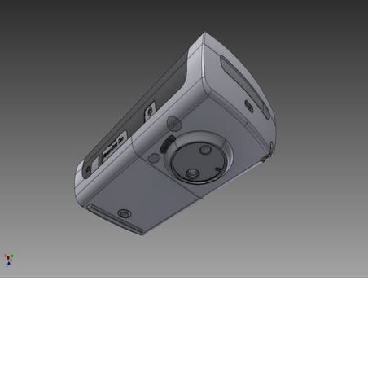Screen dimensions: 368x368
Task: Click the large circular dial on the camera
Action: (x=198, y=160)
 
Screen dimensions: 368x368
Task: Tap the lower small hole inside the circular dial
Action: (x=190, y=174)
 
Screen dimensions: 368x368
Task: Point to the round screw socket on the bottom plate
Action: (x=124, y=213)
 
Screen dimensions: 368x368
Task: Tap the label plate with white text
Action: (x=113, y=145)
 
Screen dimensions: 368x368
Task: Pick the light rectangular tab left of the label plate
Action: (x=93, y=162)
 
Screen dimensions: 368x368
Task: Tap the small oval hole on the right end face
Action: (x=248, y=105)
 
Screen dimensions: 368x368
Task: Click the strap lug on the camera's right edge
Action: (x=268, y=151)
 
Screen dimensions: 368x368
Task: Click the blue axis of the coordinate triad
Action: (x=8, y=265)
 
